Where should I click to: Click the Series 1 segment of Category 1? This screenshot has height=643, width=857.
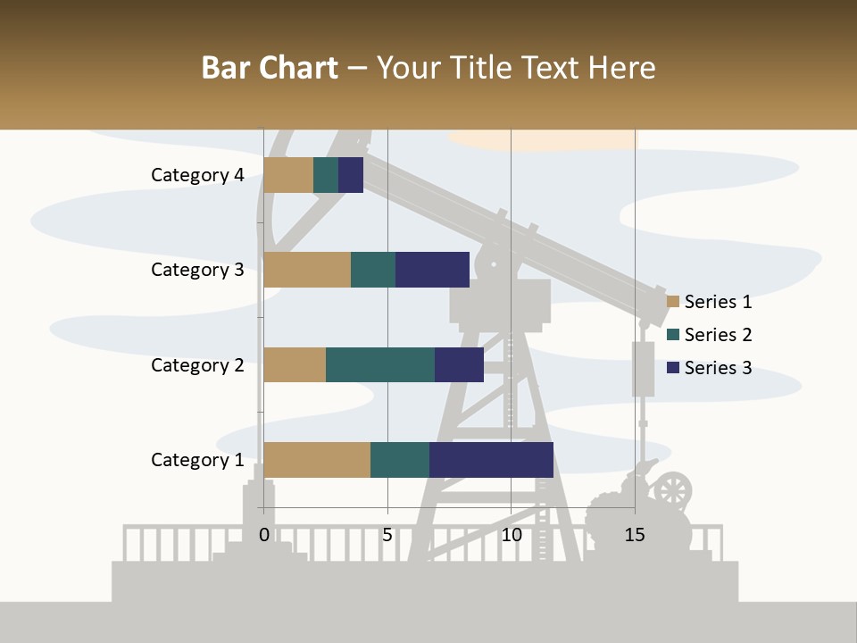click(x=317, y=460)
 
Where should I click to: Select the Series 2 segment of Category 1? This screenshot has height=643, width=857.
click(x=400, y=460)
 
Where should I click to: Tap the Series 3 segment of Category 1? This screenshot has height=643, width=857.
click(x=491, y=460)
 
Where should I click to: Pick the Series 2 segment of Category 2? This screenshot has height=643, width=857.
click(x=380, y=364)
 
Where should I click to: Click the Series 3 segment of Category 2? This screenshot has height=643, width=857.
click(x=459, y=364)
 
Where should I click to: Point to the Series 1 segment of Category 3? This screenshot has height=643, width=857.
click(x=307, y=270)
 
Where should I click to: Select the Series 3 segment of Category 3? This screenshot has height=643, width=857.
click(x=432, y=270)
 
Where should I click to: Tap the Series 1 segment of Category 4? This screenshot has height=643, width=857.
click(x=288, y=175)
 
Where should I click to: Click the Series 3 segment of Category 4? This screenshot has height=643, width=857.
click(x=351, y=175)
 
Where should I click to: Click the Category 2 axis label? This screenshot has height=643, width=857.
click(x=197, y=365)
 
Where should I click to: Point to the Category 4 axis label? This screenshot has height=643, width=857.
click(x=197, y=175)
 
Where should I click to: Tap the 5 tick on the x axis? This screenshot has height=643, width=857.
click(x=387, y=535)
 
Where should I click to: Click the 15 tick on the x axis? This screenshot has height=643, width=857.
click(x=635, y=535)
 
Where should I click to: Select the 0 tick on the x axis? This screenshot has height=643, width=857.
click(x=264, y=535)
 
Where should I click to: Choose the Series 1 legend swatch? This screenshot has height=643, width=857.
click(x=673, y=302)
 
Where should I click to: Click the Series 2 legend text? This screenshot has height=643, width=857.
click(x=718, y=335)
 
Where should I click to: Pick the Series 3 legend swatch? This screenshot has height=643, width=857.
click(x=673, y=368)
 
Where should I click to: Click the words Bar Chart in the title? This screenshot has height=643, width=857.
click(x=270, y=68)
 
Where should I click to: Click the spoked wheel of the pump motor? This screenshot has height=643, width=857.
click(x=672, y=490)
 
